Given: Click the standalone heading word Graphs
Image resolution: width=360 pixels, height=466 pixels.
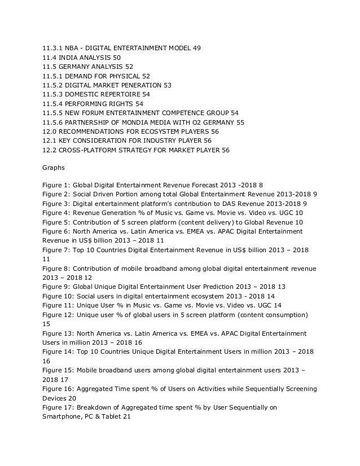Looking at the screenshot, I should tap(54, 168).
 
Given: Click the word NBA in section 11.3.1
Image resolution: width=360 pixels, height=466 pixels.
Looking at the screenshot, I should tap(72, 48).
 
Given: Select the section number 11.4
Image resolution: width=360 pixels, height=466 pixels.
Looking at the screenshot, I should tap(50, 58).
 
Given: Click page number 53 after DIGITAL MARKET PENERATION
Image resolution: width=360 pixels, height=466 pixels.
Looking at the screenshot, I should tap(167, 85).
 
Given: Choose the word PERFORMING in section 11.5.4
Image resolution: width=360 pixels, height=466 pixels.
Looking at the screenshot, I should tap(86, 103).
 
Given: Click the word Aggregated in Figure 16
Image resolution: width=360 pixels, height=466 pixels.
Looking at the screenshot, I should tap(99, 389).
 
